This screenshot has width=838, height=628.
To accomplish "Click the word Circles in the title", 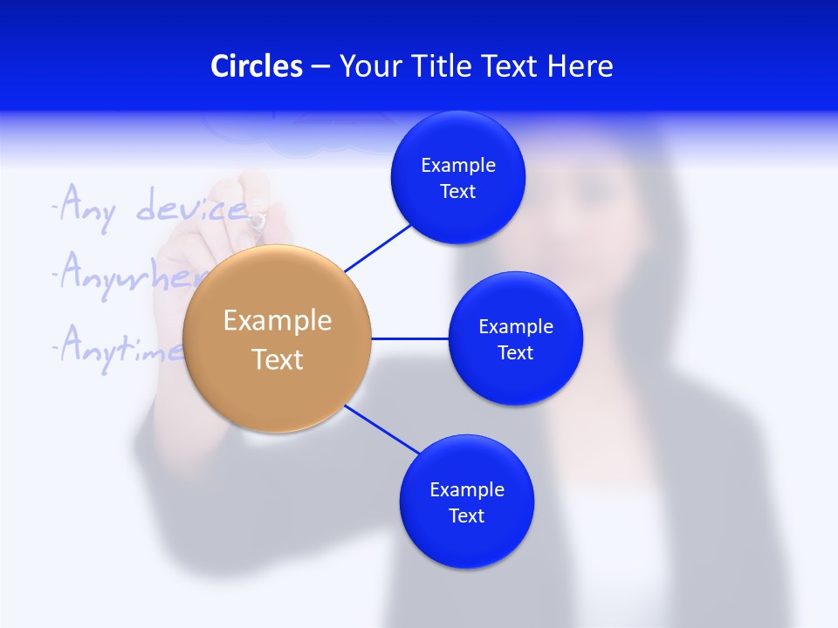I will (257, 66).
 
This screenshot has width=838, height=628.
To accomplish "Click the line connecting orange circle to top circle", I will (378, 247).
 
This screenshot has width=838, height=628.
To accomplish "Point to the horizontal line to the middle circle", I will (410, 338).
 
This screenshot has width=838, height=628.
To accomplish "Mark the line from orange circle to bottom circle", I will (382, 429).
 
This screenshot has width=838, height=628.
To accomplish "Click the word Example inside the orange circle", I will (278, 320).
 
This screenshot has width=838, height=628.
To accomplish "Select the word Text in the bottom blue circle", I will (467, 515).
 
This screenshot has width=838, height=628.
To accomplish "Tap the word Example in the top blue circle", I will (458, 165).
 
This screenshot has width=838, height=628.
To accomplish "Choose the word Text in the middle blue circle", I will (516, 352).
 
